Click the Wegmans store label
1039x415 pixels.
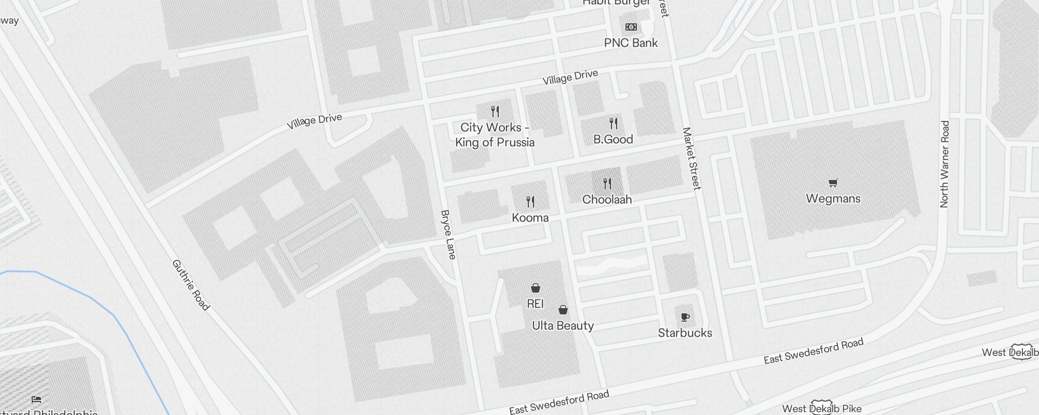click(x=833, y=198)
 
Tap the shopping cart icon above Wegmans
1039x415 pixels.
click(x=833, y=183)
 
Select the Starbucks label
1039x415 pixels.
click(x=685, y=333)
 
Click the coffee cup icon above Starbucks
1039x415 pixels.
click(x=685, y=317)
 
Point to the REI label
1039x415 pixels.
click(x=535, y=303)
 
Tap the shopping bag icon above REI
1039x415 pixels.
click(x=535, y=288)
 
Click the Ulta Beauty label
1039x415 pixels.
click(x=563, y=326)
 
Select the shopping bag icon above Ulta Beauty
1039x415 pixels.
click(x=563, y=310)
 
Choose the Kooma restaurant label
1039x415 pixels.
click(x=530, y=217)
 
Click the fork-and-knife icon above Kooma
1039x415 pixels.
click(x=530, y=201)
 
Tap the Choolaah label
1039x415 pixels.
click(x=607, y=199)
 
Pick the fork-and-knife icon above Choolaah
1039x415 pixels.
click(x=607, y=183)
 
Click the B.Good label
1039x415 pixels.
click(x=613, y=139)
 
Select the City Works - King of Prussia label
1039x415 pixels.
click(x=495, y=135)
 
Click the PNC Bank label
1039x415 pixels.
click(x=631, y=43)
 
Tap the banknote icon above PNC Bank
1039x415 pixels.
click(x=631, y=27)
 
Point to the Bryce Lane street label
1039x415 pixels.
click(x=448, y=234)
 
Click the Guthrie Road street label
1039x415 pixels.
click(x=191, y=285)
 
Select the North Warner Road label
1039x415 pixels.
click(x=944, y=164)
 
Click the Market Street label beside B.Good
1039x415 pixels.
click(x=691, y=159)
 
